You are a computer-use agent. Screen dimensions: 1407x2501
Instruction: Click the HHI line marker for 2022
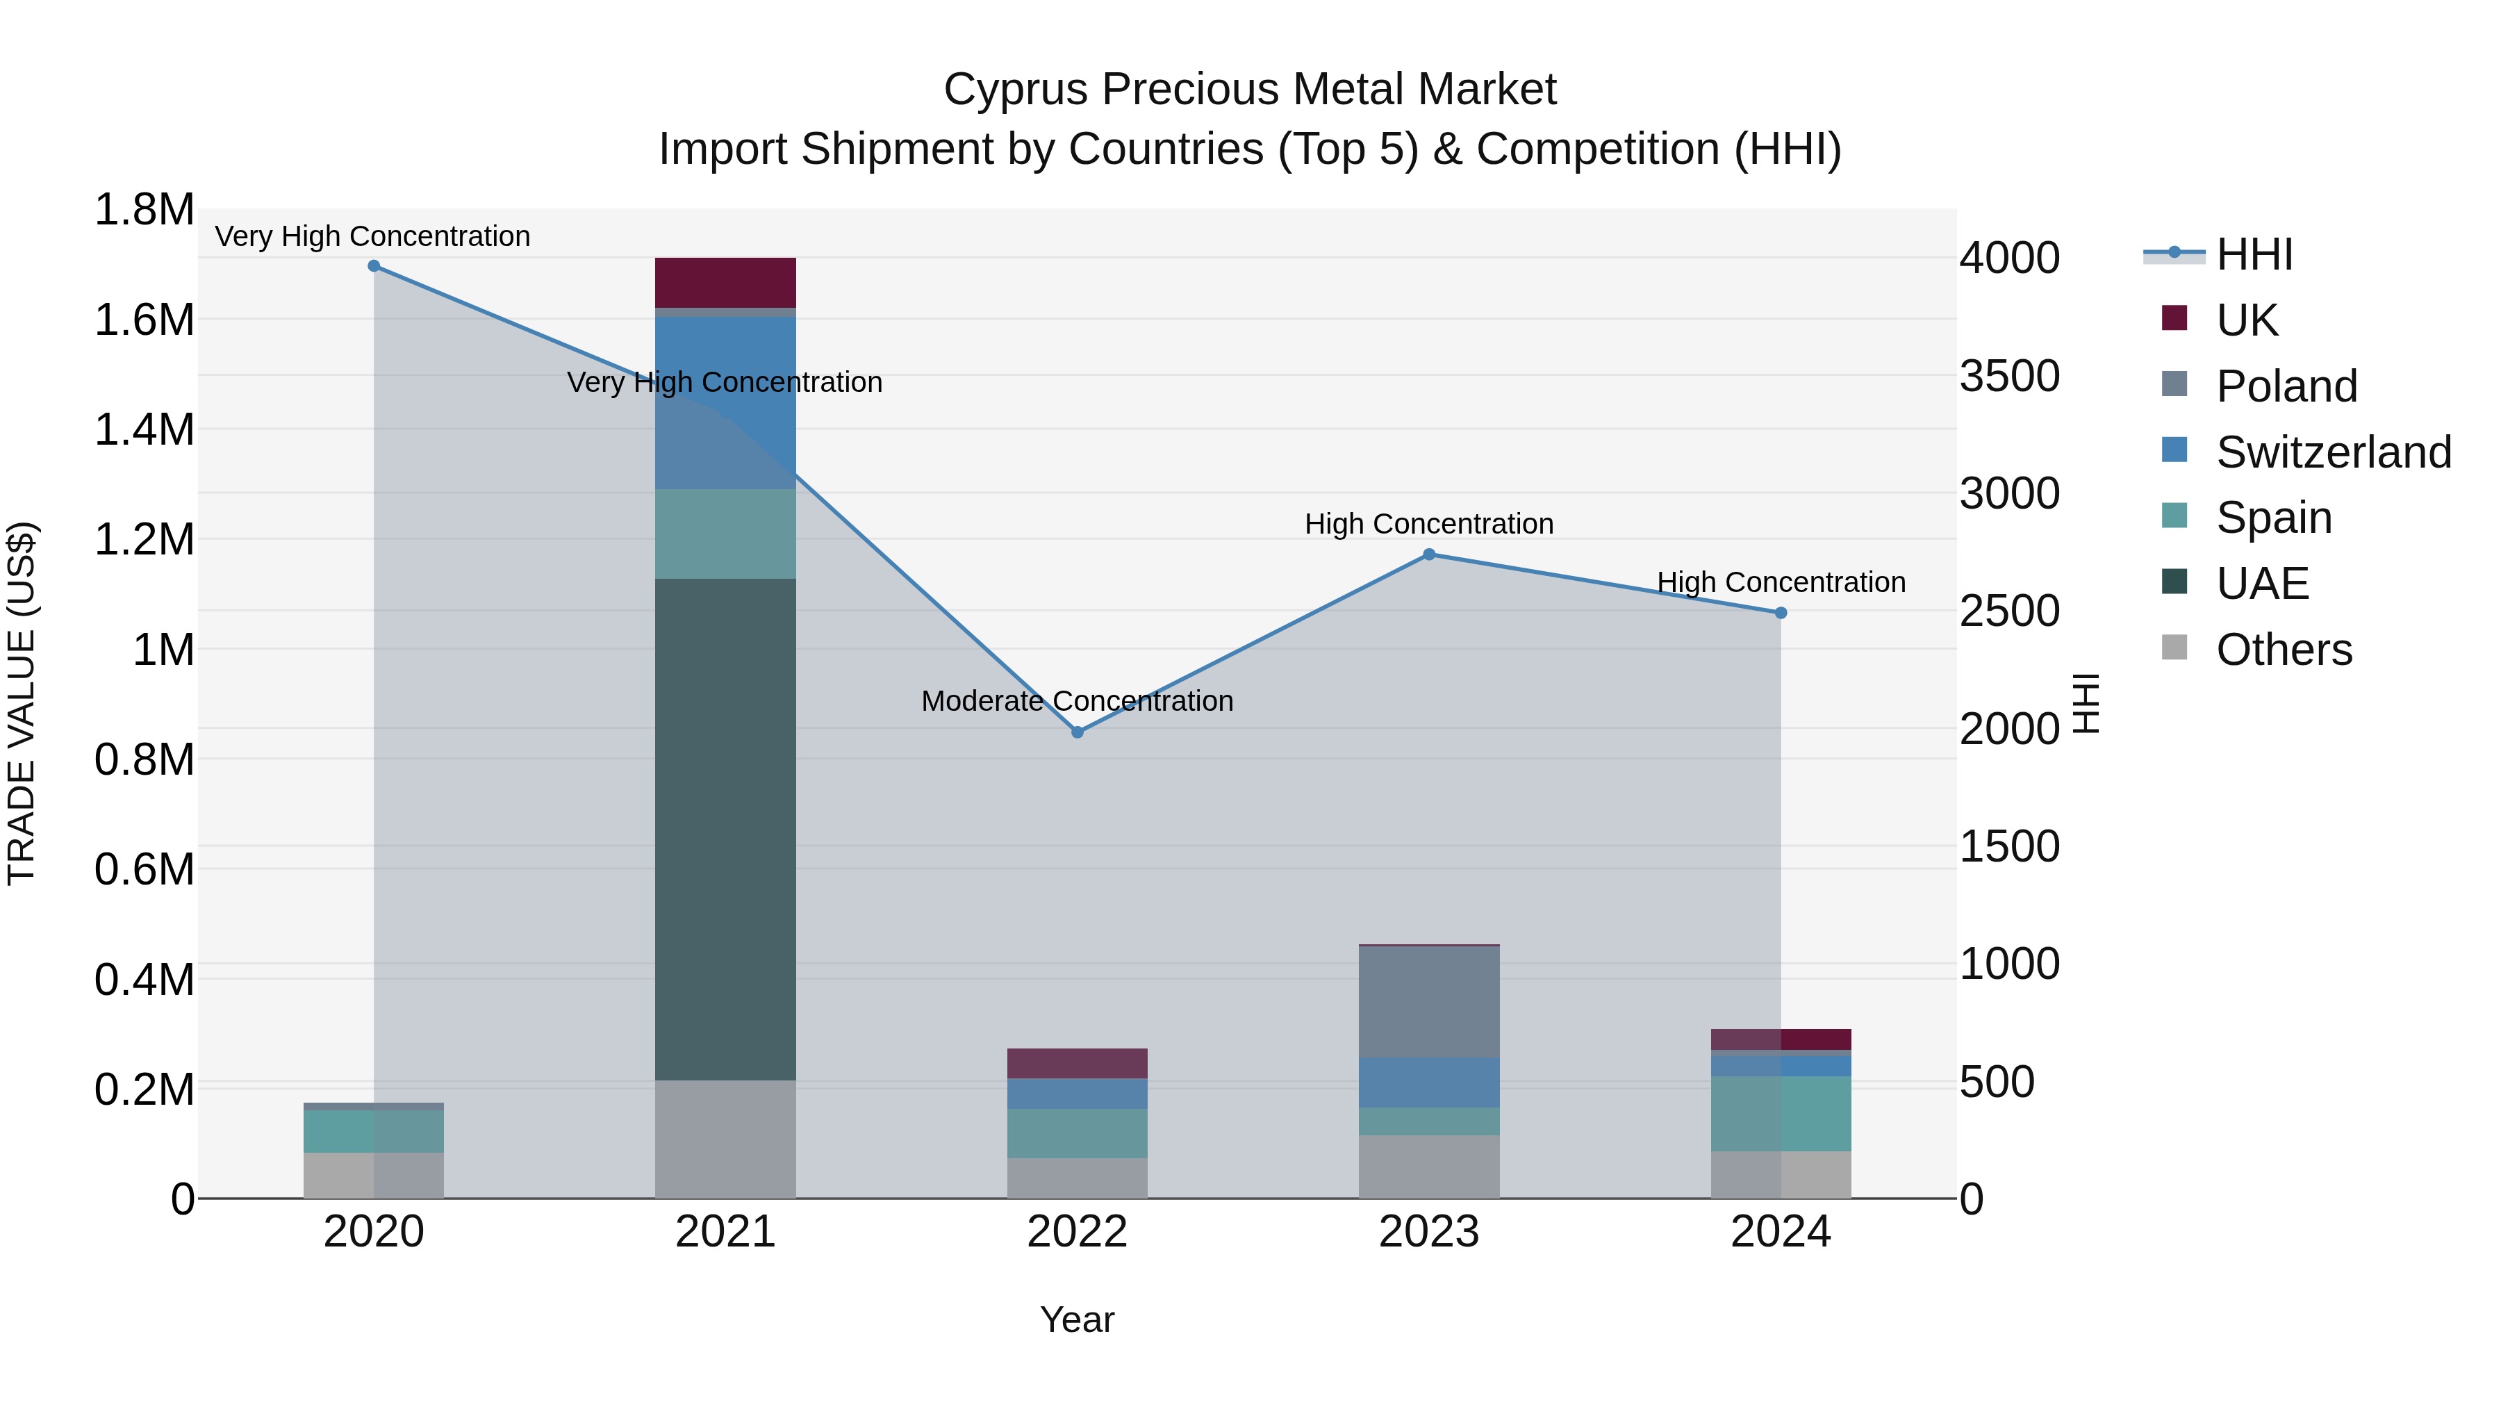tap(1077, 732)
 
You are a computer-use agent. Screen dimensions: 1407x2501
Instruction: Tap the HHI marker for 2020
tap(374, 266)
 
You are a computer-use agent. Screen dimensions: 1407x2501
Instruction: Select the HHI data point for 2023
tap(1429, 554)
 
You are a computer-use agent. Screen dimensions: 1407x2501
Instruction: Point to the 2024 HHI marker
tap(1781, 613)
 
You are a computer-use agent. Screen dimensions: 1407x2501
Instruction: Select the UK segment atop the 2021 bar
tap(725, 283)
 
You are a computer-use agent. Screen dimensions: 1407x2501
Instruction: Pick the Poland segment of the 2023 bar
tap(1429, 1001)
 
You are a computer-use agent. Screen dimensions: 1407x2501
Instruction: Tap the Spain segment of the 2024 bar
tap(1781, 1113)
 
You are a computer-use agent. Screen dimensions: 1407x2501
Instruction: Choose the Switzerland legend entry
tap(2333, 452)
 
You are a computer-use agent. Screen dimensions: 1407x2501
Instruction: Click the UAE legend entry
tap(2262, 584)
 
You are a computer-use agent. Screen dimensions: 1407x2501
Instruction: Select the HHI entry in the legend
tap(2254, 254)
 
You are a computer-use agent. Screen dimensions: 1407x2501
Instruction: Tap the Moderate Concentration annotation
tap(1077, 701)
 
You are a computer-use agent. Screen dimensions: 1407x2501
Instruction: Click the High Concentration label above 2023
tap(1429, 525)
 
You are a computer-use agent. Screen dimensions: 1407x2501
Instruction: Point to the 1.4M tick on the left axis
tap(145, 429)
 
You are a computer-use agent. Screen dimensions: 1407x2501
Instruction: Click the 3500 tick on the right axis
tap(2008, 376)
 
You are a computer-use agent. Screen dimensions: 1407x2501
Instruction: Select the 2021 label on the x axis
tap(725, 1232)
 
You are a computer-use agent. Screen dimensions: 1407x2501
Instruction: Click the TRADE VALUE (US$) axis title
tap(22, 703)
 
